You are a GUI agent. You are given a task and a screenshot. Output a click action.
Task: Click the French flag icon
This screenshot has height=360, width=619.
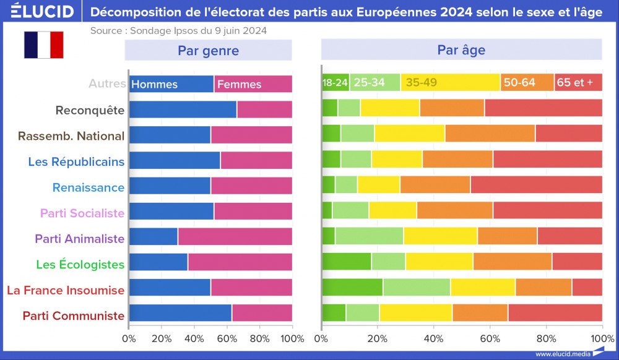[x=43, y=45]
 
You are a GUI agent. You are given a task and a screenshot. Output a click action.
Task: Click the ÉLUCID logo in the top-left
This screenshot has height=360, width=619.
[x=38, y=11]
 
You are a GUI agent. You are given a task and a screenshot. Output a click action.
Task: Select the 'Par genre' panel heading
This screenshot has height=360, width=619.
[x=208, y=50]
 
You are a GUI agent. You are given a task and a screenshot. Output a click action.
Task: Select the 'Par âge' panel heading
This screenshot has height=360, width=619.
[x=461, y=50]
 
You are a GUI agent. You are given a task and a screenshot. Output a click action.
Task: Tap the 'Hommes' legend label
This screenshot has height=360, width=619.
[x=155, y=84]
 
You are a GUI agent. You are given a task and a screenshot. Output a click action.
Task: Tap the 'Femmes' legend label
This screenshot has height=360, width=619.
[x=240, y=84]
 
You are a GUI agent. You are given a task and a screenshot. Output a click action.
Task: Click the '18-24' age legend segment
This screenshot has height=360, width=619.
[x=335, y=83]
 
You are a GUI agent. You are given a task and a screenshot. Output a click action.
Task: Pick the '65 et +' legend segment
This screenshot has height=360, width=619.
[x=575, y=83]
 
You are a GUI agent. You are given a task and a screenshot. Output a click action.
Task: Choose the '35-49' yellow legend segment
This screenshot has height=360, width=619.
[x=421, y=83]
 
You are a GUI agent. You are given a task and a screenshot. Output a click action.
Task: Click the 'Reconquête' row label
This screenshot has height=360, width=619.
[x=90, y=110]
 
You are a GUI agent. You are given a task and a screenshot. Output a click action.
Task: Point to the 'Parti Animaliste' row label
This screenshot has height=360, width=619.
[x=79, y=238]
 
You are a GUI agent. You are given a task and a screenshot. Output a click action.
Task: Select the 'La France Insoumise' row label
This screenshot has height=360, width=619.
[x=66, y=289]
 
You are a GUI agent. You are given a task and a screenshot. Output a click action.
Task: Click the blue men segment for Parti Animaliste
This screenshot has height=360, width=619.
[x=153, y=238]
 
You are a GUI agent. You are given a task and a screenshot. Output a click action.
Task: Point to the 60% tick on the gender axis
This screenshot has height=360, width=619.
[x=227, y=338]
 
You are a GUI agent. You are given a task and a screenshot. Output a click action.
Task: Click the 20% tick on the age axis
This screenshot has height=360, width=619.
[x=377, y=338]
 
